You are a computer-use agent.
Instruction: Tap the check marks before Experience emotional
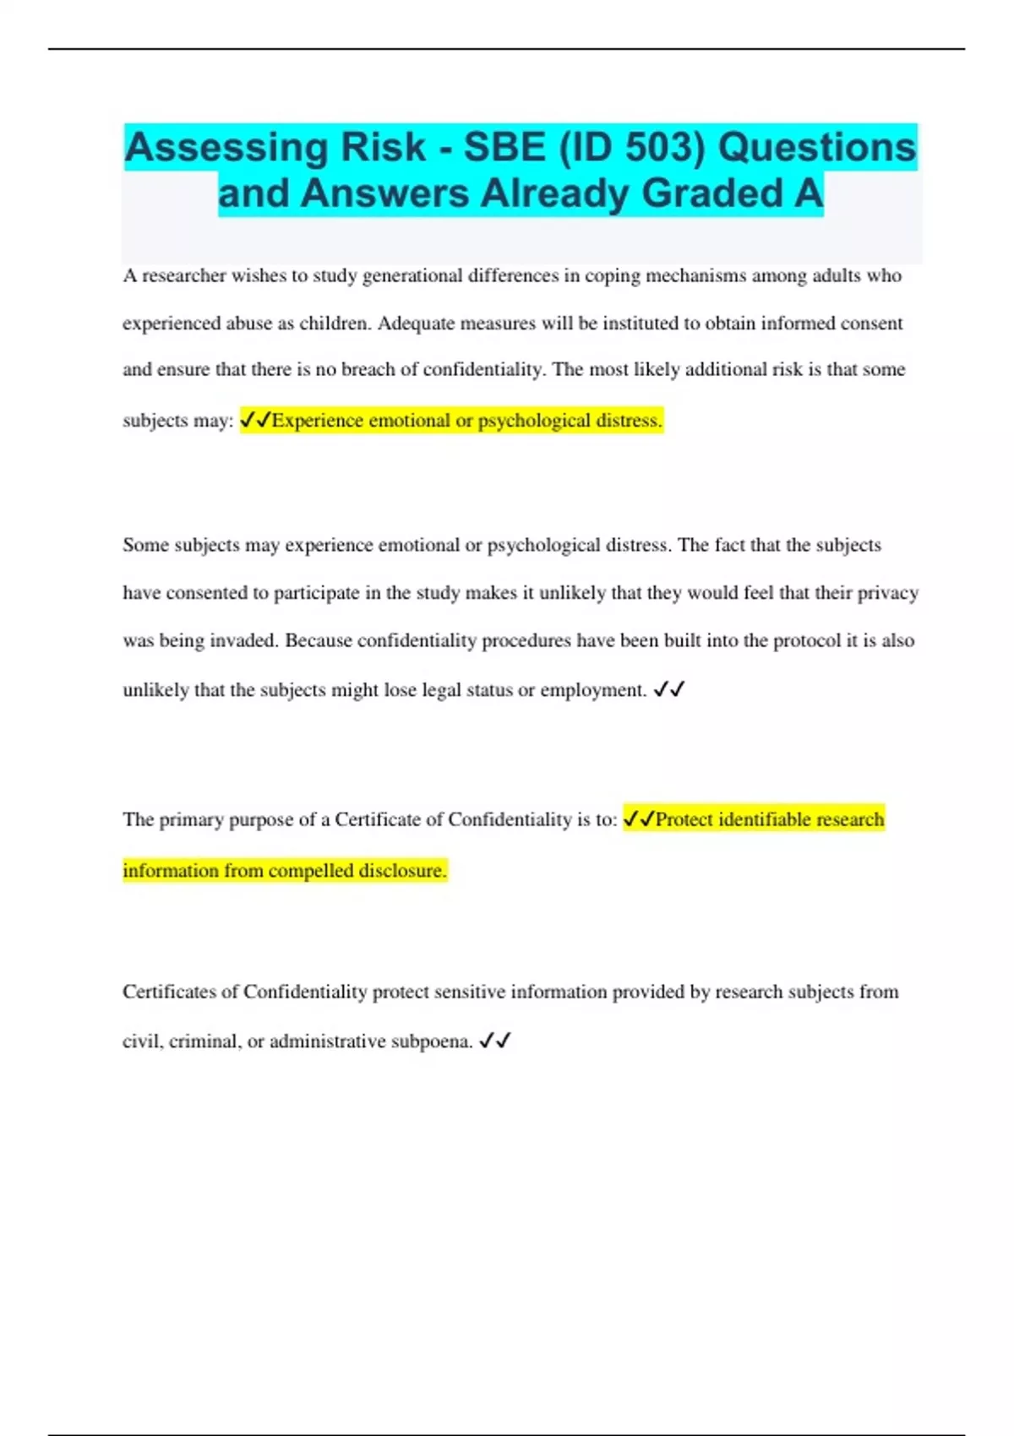[256, 420]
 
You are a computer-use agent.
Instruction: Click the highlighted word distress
[629, 421]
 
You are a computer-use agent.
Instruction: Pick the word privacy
[888, 593]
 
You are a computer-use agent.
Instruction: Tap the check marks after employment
[668, 690]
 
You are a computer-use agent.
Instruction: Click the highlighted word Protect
[684, 820]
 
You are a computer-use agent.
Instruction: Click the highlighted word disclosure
[402, 871]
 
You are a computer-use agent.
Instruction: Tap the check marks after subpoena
[495, 1042]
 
